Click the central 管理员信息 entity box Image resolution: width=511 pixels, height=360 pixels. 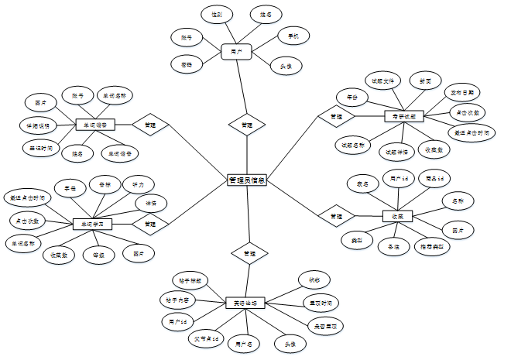coord(247,180)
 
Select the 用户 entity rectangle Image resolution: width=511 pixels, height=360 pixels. coord(238,52)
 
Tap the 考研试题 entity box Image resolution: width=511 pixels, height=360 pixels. coord(403,116)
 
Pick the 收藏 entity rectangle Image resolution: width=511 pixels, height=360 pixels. coord(398,215)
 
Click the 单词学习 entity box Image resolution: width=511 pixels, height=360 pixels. coord(92,224)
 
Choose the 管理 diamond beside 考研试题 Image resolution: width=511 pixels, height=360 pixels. coord(336,116)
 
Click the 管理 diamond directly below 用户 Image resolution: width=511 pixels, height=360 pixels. coord(246,124)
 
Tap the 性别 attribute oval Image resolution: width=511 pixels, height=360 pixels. coord(217,15)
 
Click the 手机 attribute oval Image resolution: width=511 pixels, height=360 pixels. coord(293,36)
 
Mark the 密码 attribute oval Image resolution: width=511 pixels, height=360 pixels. coord(187,64)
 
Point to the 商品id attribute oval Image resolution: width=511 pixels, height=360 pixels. coord(435,179)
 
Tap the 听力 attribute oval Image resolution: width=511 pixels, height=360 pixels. coord(139,184)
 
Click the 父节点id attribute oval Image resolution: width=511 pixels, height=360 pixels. coord(206,338)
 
